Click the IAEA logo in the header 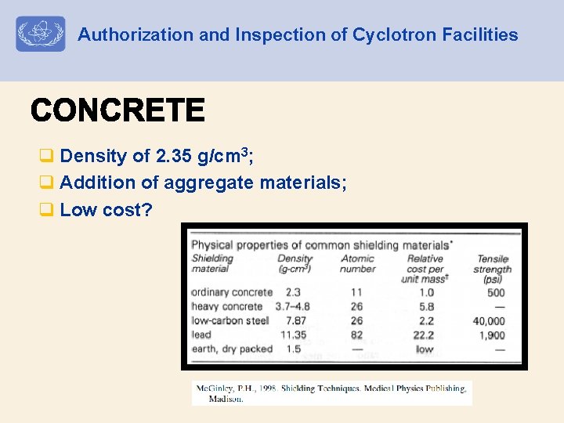click(41, 34)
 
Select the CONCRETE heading click(117, 110)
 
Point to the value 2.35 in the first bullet click(173, 156)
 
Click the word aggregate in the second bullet click(214, 183)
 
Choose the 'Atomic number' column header click(358, 264)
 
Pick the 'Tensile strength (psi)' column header click(493, 269)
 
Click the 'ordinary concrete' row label click(232, 292)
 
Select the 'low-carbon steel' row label click(230, 320)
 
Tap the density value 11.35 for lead click(293, 334)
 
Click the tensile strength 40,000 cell click(489, 320)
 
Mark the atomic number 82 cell click(356, 334)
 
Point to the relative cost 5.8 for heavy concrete click(426, 306)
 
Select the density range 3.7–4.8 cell click(293, 306)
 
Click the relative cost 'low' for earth click(425, 349)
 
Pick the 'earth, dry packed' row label click(232, 349)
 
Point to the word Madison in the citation click(226, 399)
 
